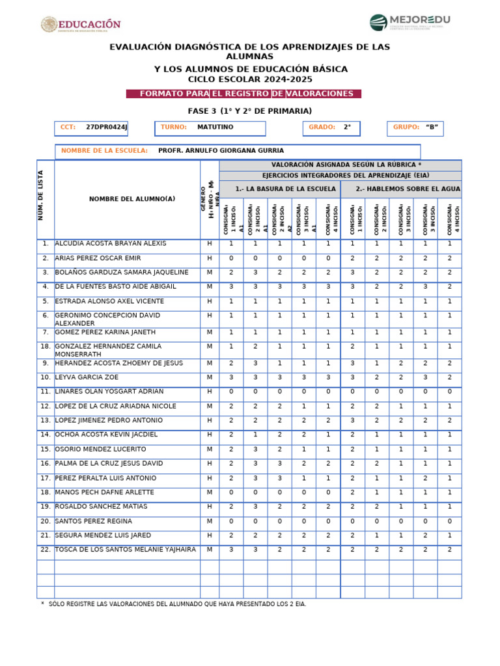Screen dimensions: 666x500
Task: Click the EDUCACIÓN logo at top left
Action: point(81,25)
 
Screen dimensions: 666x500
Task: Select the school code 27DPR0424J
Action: point(107,127)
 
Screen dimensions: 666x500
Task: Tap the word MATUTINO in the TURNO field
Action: point(215,127)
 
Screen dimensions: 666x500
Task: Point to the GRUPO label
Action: point(406,127)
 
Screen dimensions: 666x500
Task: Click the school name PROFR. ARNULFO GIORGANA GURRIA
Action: point(221,151)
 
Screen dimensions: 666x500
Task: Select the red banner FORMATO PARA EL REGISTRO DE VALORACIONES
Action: point(243,94)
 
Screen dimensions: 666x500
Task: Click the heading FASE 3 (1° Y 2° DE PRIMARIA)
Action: point(249,111)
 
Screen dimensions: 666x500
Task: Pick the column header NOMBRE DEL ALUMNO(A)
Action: point(132,199)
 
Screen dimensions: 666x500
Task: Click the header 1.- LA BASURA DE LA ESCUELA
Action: point(280,189)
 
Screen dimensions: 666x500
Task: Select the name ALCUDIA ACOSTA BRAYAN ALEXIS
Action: point(111,243)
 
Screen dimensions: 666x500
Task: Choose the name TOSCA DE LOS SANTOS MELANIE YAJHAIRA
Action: point(126,550)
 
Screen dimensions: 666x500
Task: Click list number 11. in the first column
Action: point(46,392)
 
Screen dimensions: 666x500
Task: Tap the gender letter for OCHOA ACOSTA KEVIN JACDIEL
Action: point(210,434)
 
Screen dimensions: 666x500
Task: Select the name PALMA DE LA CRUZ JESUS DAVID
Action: point(109,464)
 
